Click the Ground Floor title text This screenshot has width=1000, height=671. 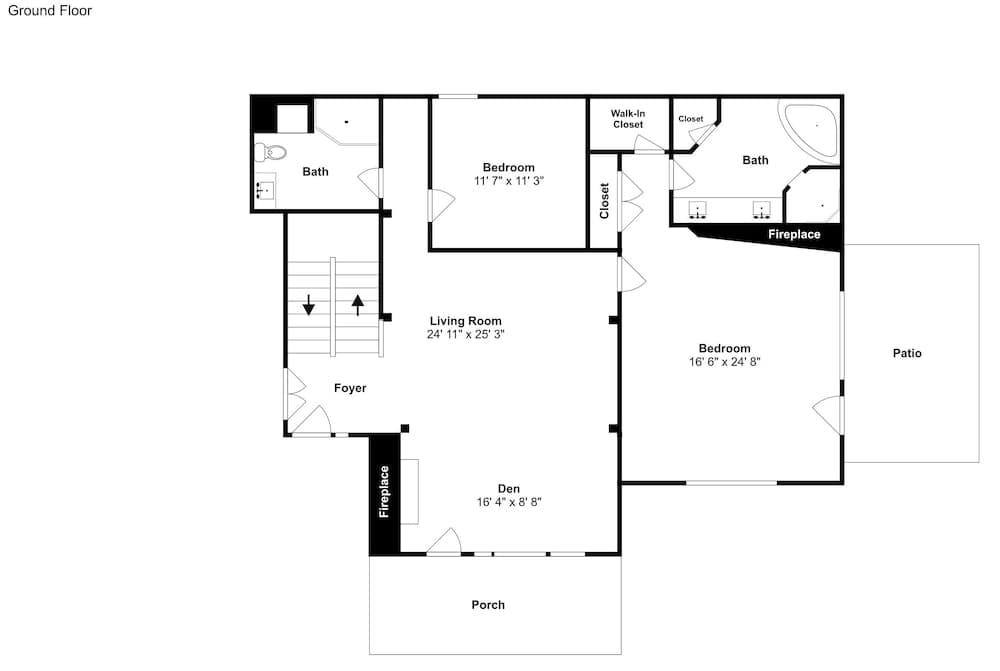[50, 10]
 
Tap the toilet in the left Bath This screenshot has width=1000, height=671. [270, 152]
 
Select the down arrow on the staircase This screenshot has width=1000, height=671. [309, 305]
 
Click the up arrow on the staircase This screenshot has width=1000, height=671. [358, 305]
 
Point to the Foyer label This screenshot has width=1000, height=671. [350, 388]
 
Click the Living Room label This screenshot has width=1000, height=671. [466, 321]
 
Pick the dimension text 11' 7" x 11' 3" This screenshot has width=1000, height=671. [508, 181]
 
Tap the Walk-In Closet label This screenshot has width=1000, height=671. [628, 119]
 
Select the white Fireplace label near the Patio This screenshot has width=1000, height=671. [794, 234]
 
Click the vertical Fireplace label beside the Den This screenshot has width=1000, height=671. [384, 492]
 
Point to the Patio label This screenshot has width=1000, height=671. [907, 353]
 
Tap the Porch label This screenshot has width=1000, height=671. [488, 605]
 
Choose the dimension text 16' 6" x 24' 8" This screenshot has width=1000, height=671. [724, 362]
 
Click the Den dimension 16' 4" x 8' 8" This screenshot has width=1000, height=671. [509, 502]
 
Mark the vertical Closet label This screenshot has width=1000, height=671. [604, 201]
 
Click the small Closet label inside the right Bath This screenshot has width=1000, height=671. [691, 119]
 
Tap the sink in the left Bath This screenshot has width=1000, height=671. [265, 190]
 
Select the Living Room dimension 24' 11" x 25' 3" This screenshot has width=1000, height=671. [466, 334]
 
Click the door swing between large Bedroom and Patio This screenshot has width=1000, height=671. [828, 415]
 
